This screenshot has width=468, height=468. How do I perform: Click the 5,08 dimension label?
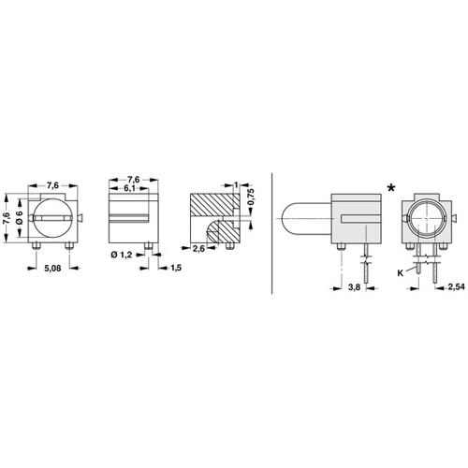pos(52,268)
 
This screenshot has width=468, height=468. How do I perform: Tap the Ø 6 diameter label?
pos(20,217)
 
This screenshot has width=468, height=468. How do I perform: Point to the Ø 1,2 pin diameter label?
pos(122,255)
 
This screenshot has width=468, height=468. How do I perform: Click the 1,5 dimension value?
pos(176,268)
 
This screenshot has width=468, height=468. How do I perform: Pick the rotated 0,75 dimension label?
pos(252,197)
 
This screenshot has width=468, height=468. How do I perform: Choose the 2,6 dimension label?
pos(198,248)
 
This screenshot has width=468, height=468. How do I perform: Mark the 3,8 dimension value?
pos(354,286)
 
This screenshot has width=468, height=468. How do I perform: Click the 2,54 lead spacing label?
pos(457,286)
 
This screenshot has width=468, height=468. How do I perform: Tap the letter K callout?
pos(401,273)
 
